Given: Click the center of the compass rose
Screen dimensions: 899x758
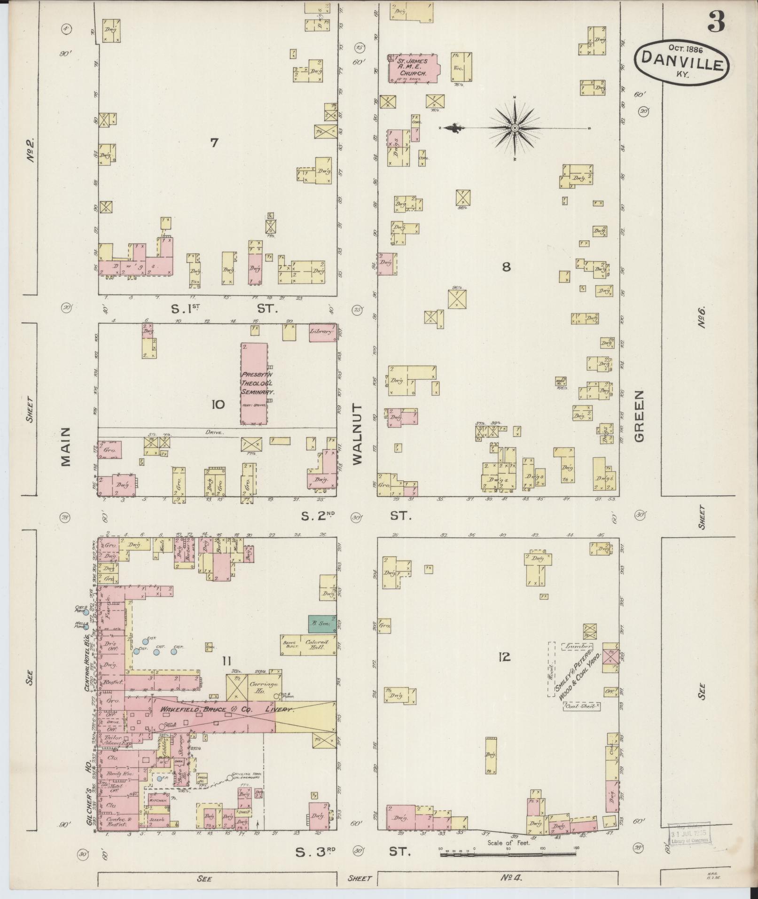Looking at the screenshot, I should [x=515, y=127].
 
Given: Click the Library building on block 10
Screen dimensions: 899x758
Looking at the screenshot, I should [x=322, y=331].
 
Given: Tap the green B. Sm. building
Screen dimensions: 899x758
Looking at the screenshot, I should [x=322, y=623].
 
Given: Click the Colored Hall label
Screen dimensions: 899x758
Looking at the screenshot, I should [x=316, y=645].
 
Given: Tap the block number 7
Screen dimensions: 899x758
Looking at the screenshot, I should [x=214, y=142].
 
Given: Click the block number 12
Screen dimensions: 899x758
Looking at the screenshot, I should [x=504, y=657].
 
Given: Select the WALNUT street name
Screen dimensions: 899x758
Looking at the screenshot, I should [x=358, y=433].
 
